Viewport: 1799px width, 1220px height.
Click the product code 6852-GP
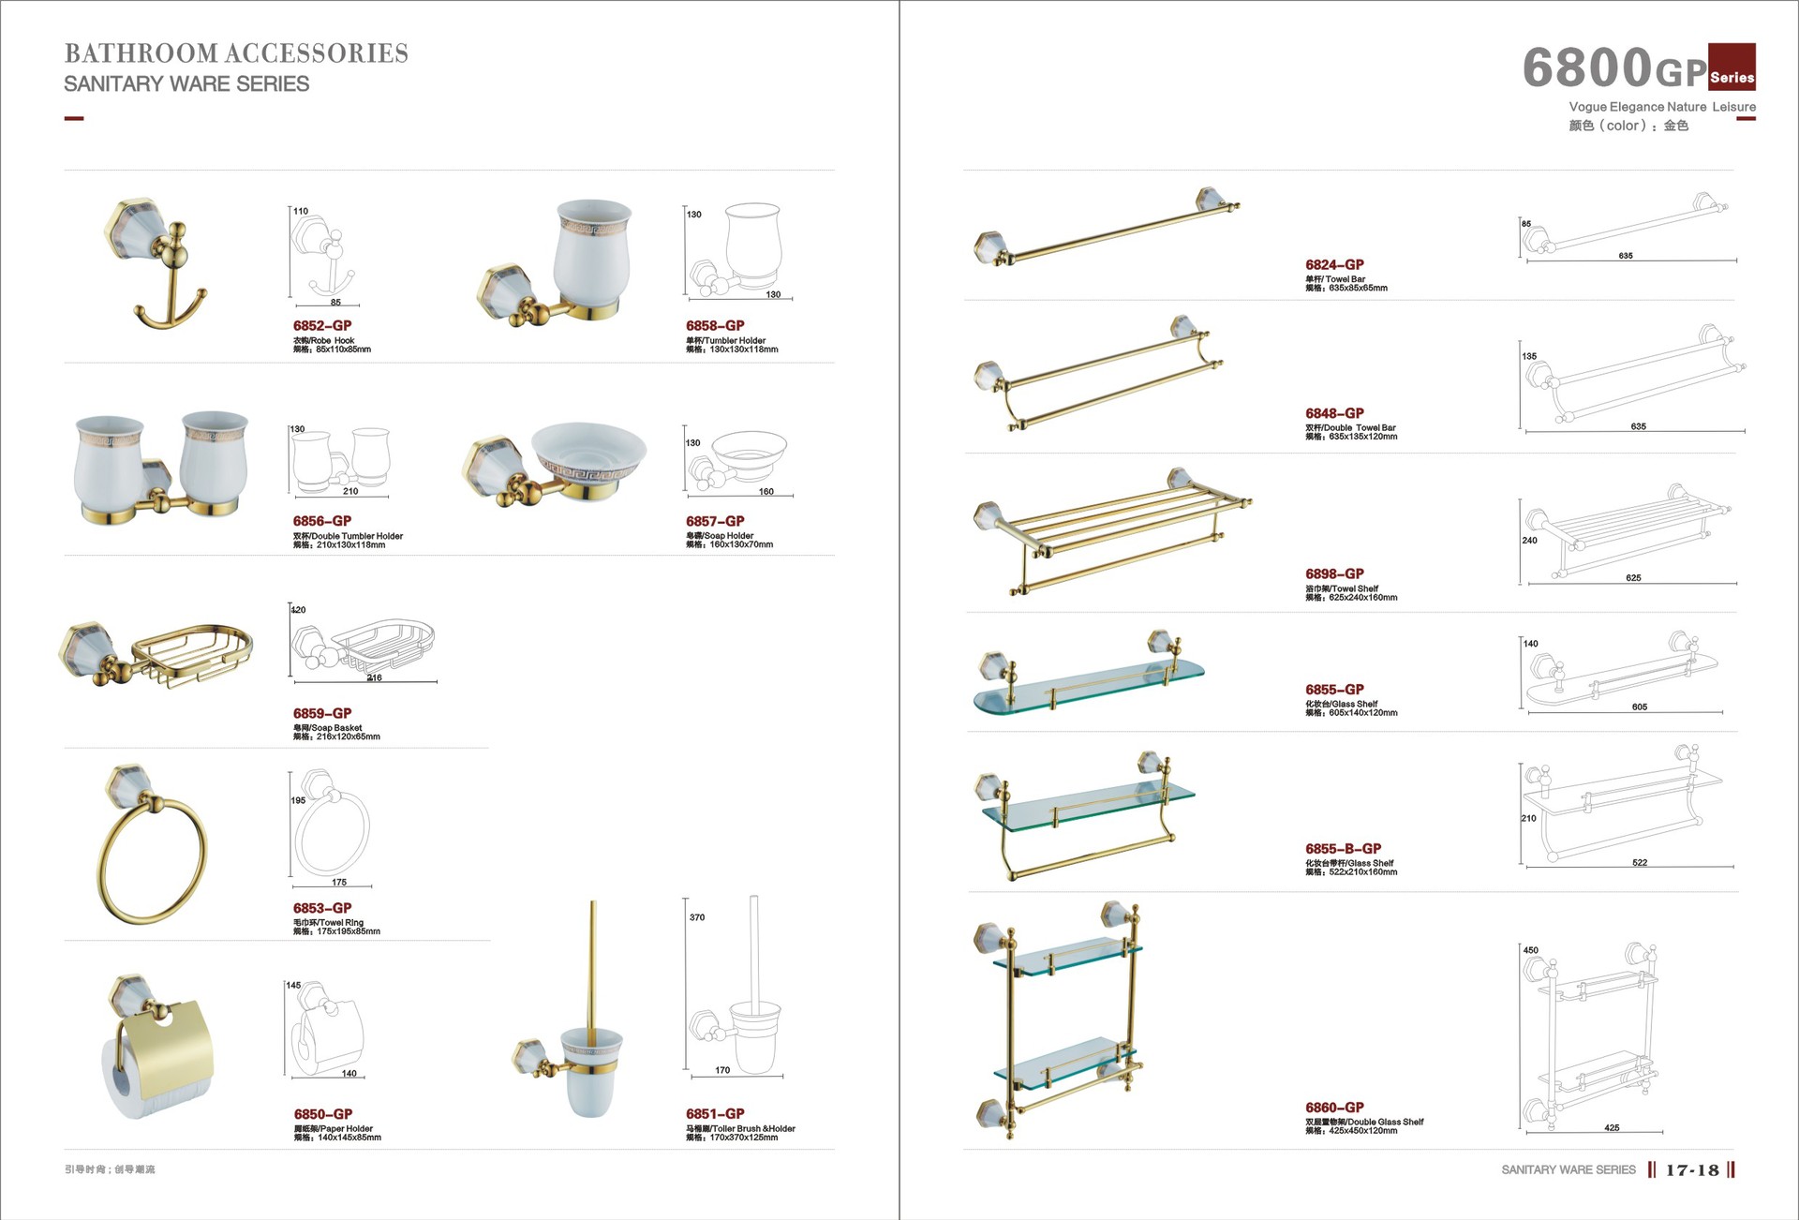[x=322, y=326]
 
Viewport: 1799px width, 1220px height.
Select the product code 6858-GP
[x=715, y=326]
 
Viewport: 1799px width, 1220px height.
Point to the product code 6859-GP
[x=322, y=714]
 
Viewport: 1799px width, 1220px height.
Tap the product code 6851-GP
[x=715, y=1114]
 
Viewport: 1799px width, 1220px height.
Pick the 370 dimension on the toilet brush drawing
[x=697, y=917]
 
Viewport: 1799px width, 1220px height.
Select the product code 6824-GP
[x=1334, y=265]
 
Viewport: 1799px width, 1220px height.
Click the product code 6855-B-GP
[x=1343, y=849]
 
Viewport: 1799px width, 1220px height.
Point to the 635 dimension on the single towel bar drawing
[x=1626, y=256]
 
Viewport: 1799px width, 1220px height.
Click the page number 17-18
[x=1692, y=1170]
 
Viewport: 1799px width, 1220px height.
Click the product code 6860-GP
[x=1334, y=1108]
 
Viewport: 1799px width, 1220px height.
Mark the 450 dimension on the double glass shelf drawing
[x=1531, y=950]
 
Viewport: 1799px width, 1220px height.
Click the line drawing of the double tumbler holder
[x=340, y=459]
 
